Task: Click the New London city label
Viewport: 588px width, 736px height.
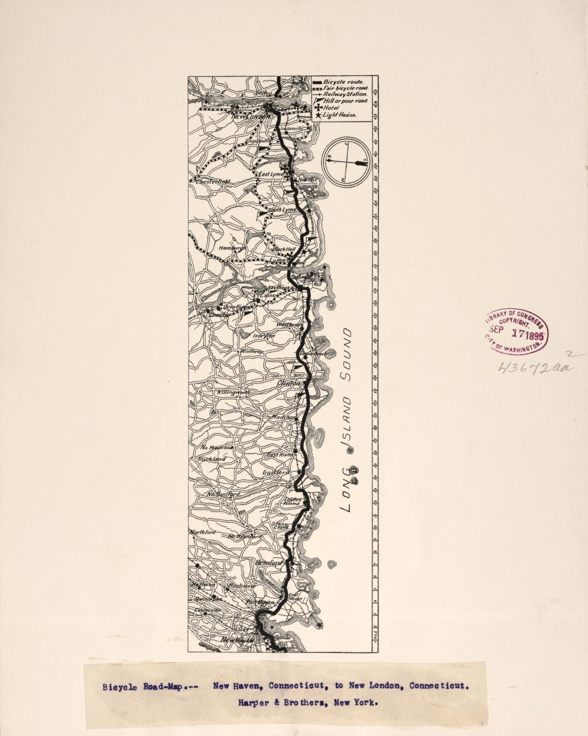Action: pyautogui.click(x=251, y=117)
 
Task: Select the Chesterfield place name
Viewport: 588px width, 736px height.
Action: pyautogui.click(x=213, y=182)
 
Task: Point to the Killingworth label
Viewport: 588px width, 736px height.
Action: pyautogui.click(x=233, y=393)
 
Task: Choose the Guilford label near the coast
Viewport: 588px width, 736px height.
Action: pyautogui.click(x=276, y=472)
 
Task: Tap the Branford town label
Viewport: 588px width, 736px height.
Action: pyautogui.click(x=269, y=563)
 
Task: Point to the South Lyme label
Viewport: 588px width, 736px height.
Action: pyautogui.click(x=282, y=210)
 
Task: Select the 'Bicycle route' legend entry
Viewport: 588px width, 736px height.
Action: pyautogui.click(x=343, y=82)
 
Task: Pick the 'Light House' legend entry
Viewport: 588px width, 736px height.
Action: pyautogui.click(x=339, y=115)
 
